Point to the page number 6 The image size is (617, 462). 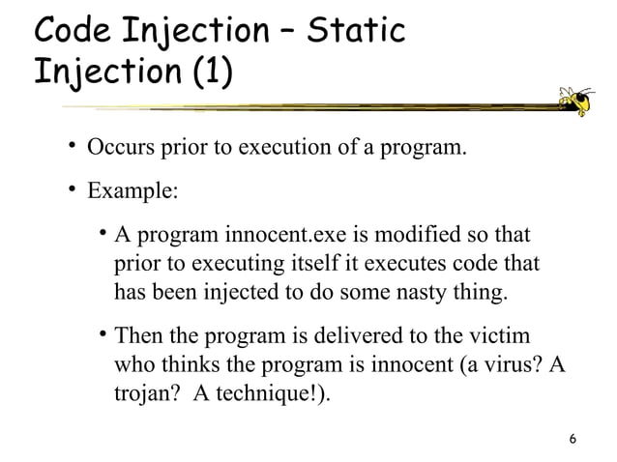click(x=573, y=440)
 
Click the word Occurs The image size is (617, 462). click(x=119, y=149)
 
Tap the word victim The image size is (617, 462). click(x=505, y=338)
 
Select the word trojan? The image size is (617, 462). click(x=145, y=395)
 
